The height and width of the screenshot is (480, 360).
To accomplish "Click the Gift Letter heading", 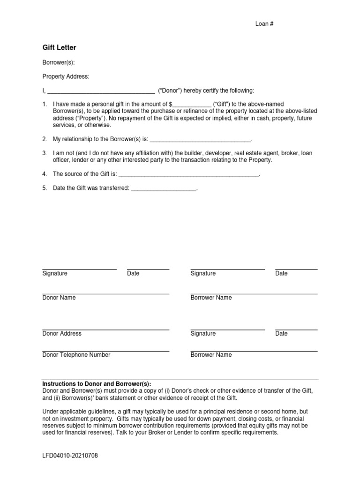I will [59, 47].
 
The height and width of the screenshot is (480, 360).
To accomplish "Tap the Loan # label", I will [264, 24].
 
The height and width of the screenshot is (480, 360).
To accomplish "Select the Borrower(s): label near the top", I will [59, 63].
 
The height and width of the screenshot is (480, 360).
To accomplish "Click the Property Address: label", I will [66, 76].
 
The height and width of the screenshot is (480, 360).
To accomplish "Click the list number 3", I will [45, 153].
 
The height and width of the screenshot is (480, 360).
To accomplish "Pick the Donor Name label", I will [59, 298].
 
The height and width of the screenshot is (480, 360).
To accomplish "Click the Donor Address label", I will [61, 333].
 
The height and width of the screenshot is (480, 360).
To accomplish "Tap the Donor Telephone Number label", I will [76, 355].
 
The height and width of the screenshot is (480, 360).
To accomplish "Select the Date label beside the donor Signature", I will [133, 273].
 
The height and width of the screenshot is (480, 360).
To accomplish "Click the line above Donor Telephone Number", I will [105, 351].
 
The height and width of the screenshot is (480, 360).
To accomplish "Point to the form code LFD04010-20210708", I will [70, 456].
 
